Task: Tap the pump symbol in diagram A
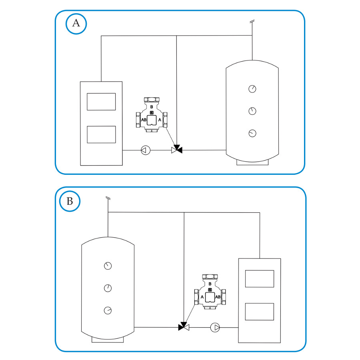click(x=146, y=150)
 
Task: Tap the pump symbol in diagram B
click(x=215, y=327)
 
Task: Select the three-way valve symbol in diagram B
click(x=184, y=326)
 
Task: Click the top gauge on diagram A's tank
click(x=252, y=89)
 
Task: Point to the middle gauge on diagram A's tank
click(x=252, y=111)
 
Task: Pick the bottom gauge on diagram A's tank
click(x=252, y=133)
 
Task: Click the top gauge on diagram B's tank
click(x=108, y=266)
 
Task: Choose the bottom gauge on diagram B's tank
click(x=108, y=310)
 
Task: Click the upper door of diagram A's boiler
click(x=101, y=102)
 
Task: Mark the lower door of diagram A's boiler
click(x=101, y=134)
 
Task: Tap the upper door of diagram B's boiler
click(x=260, y=279)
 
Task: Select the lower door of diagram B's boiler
click(x=260, y=312)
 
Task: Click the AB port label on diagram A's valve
click(x=144, y=120)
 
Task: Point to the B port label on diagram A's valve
click(x=152, y=107)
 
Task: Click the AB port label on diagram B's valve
click(x=218, y=297)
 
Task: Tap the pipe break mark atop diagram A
click(x=252, y=22)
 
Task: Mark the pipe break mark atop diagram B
click(x=108, y=198)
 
